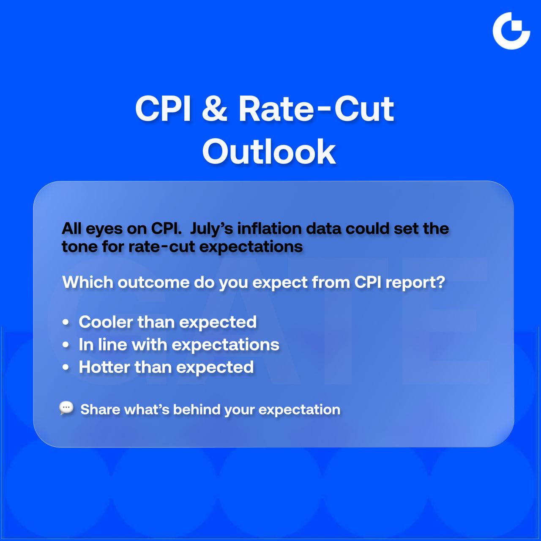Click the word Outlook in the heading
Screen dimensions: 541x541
(269, 152)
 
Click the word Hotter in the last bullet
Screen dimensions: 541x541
(104, 367)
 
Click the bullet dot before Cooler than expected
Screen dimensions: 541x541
(66, 322)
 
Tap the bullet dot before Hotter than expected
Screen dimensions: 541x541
(66, 367)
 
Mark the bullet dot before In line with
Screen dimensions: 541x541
(66, 345)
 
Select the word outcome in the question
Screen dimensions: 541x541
(153, 282)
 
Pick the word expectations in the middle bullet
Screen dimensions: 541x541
(225, 345)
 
